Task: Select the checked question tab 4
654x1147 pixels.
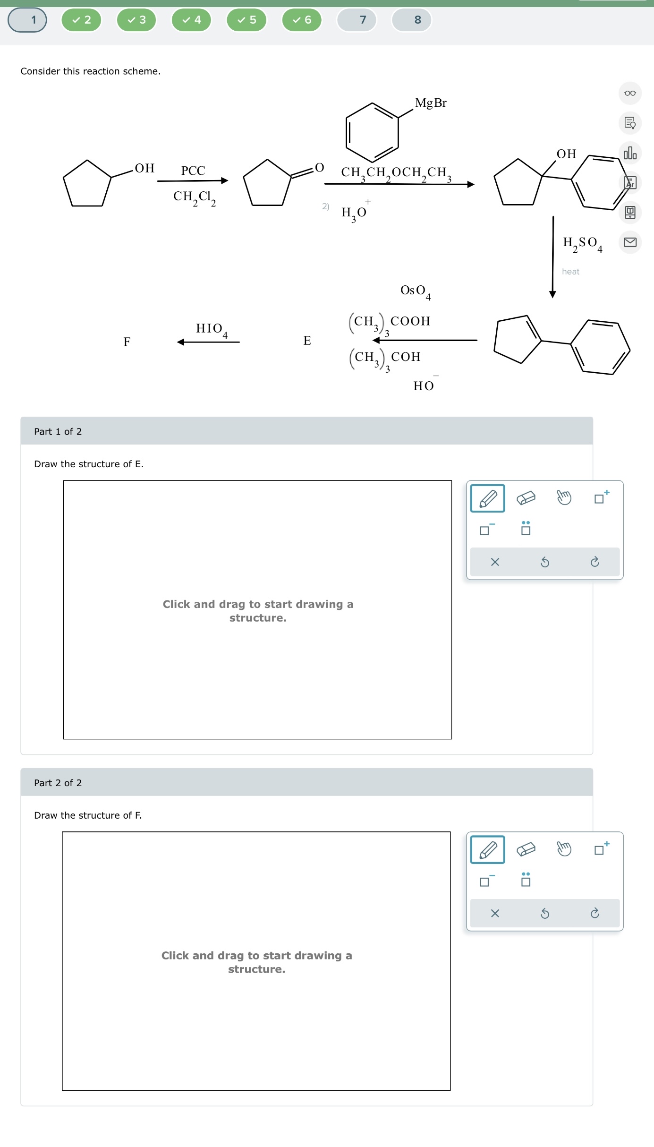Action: click(191, 20)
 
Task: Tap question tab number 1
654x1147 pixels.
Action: click(27, 20)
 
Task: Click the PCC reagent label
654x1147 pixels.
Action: click(193, 171)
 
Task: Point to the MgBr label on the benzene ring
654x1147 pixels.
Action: click(430, 103)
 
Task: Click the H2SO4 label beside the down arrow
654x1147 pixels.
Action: click(582, 243)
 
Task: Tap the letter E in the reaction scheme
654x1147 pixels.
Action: click(307, 341)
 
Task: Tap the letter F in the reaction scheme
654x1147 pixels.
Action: click(127, 342)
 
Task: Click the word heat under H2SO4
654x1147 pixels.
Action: click(570, 272)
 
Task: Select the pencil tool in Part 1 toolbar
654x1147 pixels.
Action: click(487, 498)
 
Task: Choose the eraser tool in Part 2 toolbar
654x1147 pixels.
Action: click(526, 849)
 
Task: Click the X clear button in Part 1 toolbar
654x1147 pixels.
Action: click(495, 562)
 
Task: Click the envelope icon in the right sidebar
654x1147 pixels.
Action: click(630, 242)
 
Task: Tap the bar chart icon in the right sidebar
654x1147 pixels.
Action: click(630, 153)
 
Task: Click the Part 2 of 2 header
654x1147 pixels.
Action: click(58, 783)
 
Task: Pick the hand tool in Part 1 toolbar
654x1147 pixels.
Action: click(564, 497)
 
